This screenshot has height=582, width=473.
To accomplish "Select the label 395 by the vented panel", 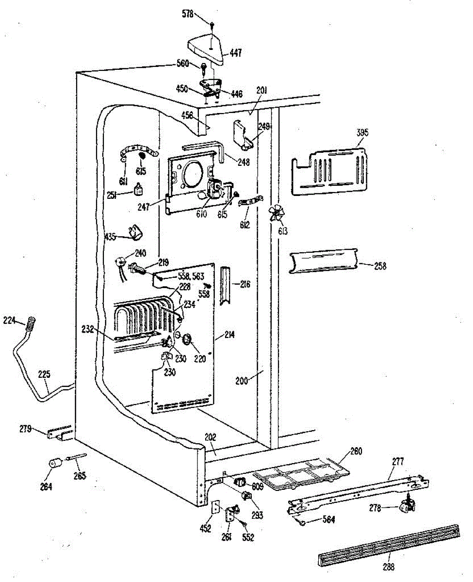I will (362, 132).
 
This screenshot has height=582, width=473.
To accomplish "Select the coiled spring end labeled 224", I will (31, 322).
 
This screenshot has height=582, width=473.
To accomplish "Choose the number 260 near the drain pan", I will (356, 451).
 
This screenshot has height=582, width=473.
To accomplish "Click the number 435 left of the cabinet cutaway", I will (111, 236).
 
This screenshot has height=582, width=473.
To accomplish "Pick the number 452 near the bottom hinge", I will (205, 529).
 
